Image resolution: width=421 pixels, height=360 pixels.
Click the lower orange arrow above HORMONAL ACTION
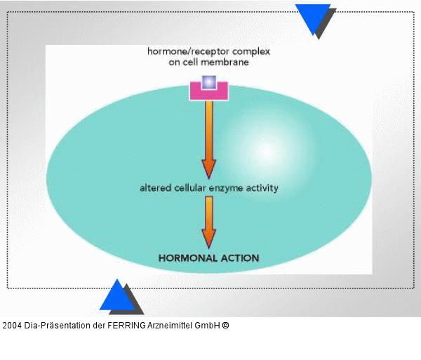pyautogui.click(x=208, y=221)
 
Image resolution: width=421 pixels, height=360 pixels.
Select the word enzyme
pyautogui.click(x=225, y=188)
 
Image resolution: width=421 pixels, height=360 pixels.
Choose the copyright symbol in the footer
pyautogui.click(x=225, y=326)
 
